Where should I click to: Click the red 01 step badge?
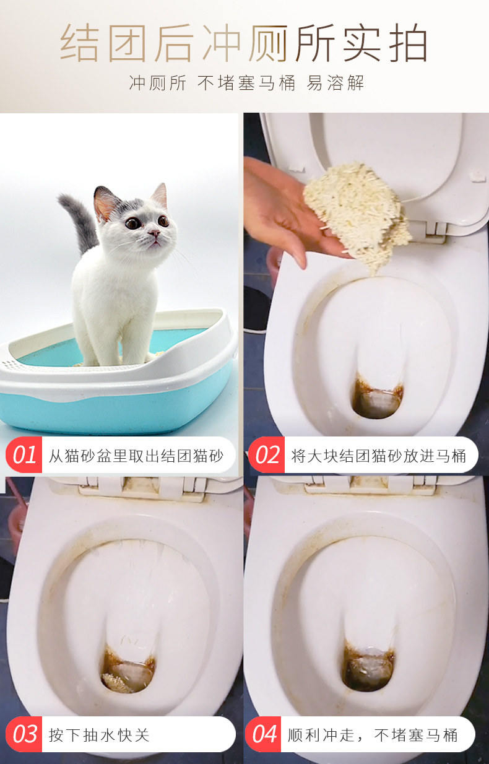pyautogui.click(x=24, y=454)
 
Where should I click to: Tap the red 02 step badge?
pyautogui.click(x=266, y=454)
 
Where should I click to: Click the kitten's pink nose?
pyautogui.click(x=154, y=233)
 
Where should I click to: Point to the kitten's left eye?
pyautogui.click(x=132, y=224)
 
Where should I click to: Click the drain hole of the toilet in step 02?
pyautogui.click(x=378, y=399)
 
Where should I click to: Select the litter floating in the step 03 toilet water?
pyautogui.click(x=115, y=682)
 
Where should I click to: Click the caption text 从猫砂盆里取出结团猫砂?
pyautogui.click(x=136, y=456)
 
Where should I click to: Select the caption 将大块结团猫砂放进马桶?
pyautogui.click(x=379, y=456)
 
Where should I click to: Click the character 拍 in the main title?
pyautogui.click(x=408, y=43)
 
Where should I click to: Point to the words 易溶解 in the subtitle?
pyautogui.click(x=335, y=83)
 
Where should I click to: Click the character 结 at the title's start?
pyautogui.click(x=80, y=43)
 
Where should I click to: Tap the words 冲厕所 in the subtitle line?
pyautogui.click(x=158, y=83)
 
